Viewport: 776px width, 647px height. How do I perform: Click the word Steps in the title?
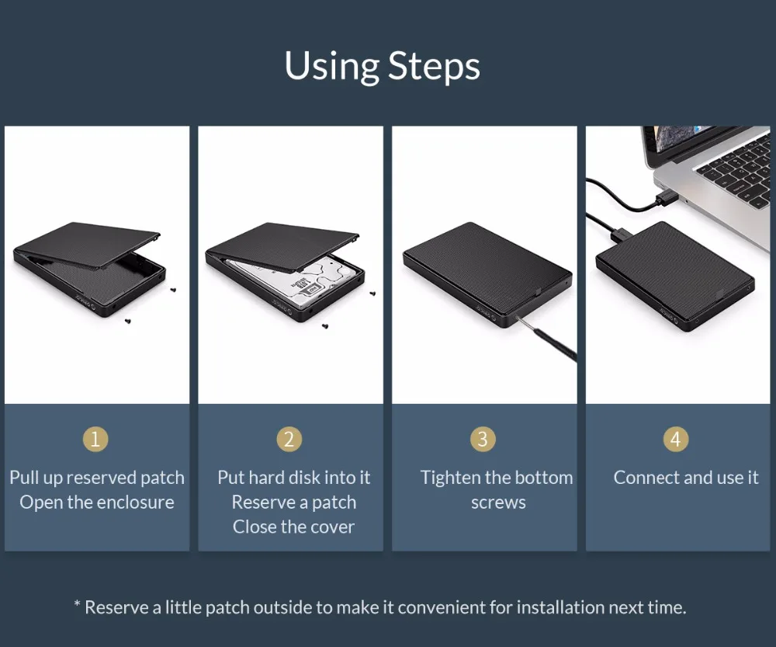pos(434,66)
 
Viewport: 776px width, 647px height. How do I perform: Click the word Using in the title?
pos(331,65)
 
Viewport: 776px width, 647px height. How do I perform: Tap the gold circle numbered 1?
pos(95,439)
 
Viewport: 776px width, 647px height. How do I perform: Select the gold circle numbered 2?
pos(289,439)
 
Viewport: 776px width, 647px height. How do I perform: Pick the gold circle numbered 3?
pos(483,439)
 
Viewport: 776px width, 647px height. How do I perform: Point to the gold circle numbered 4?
pos(676,439)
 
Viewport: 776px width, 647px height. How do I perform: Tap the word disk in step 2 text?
pos(304,478)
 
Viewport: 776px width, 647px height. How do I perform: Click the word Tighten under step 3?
pos(451,478)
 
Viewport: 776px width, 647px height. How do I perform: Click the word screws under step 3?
pos(498,503)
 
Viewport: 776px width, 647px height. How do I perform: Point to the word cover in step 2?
pos(333,527)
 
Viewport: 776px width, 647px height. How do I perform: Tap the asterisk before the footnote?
pos(77,604)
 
